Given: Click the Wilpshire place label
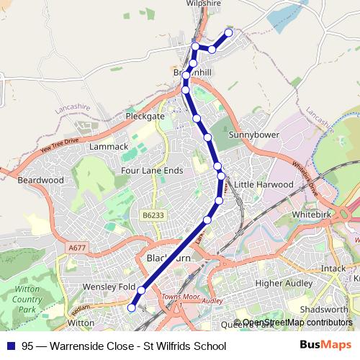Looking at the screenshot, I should [203, 4].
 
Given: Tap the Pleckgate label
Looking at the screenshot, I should [145, 115].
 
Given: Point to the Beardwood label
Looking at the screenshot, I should [40, 180].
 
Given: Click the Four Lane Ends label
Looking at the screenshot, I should [152, 171].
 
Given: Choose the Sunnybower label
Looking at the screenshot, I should [253, 135].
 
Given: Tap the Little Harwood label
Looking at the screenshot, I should [264, 184].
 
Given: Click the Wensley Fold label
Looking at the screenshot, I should [109, 287].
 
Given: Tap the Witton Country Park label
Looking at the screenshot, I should [27, 299].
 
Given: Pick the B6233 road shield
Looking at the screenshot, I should [153, 215].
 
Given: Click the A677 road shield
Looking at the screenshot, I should [76, 247].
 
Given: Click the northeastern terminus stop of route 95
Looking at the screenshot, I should [229, 32].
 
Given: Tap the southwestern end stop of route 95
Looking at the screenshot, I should [131, 307].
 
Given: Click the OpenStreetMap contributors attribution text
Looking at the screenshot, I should [297, 323].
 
